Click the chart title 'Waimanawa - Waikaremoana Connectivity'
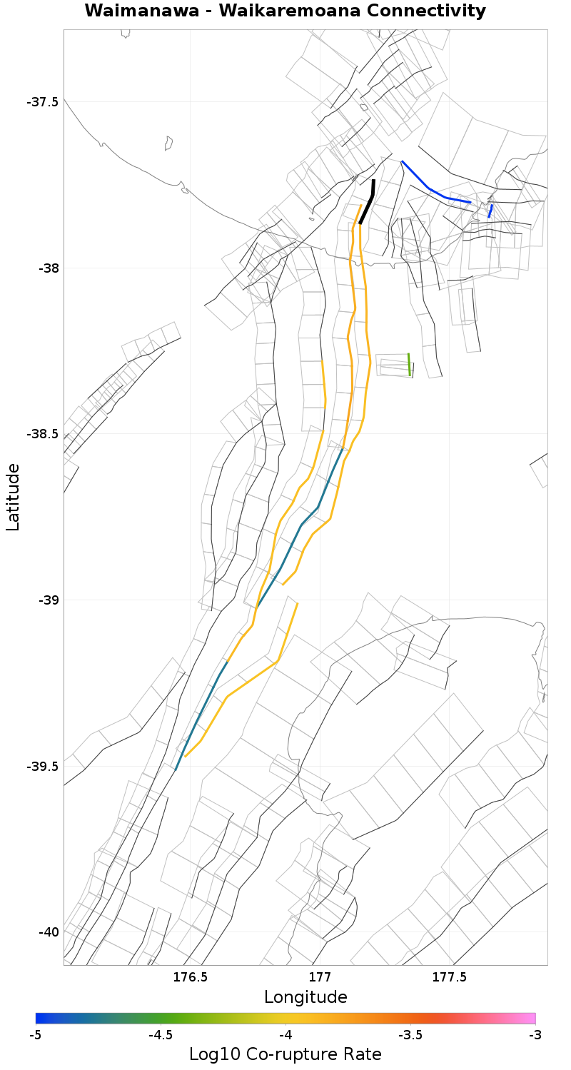285,11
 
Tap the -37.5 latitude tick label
42,102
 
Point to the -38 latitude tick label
46,268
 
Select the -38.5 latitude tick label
42,434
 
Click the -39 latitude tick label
46,600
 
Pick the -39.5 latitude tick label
42,767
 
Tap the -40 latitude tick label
46,932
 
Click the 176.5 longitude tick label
191,976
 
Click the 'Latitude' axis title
13,497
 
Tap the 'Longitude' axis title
305,997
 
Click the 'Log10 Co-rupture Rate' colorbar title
285,1054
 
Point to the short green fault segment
409,364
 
